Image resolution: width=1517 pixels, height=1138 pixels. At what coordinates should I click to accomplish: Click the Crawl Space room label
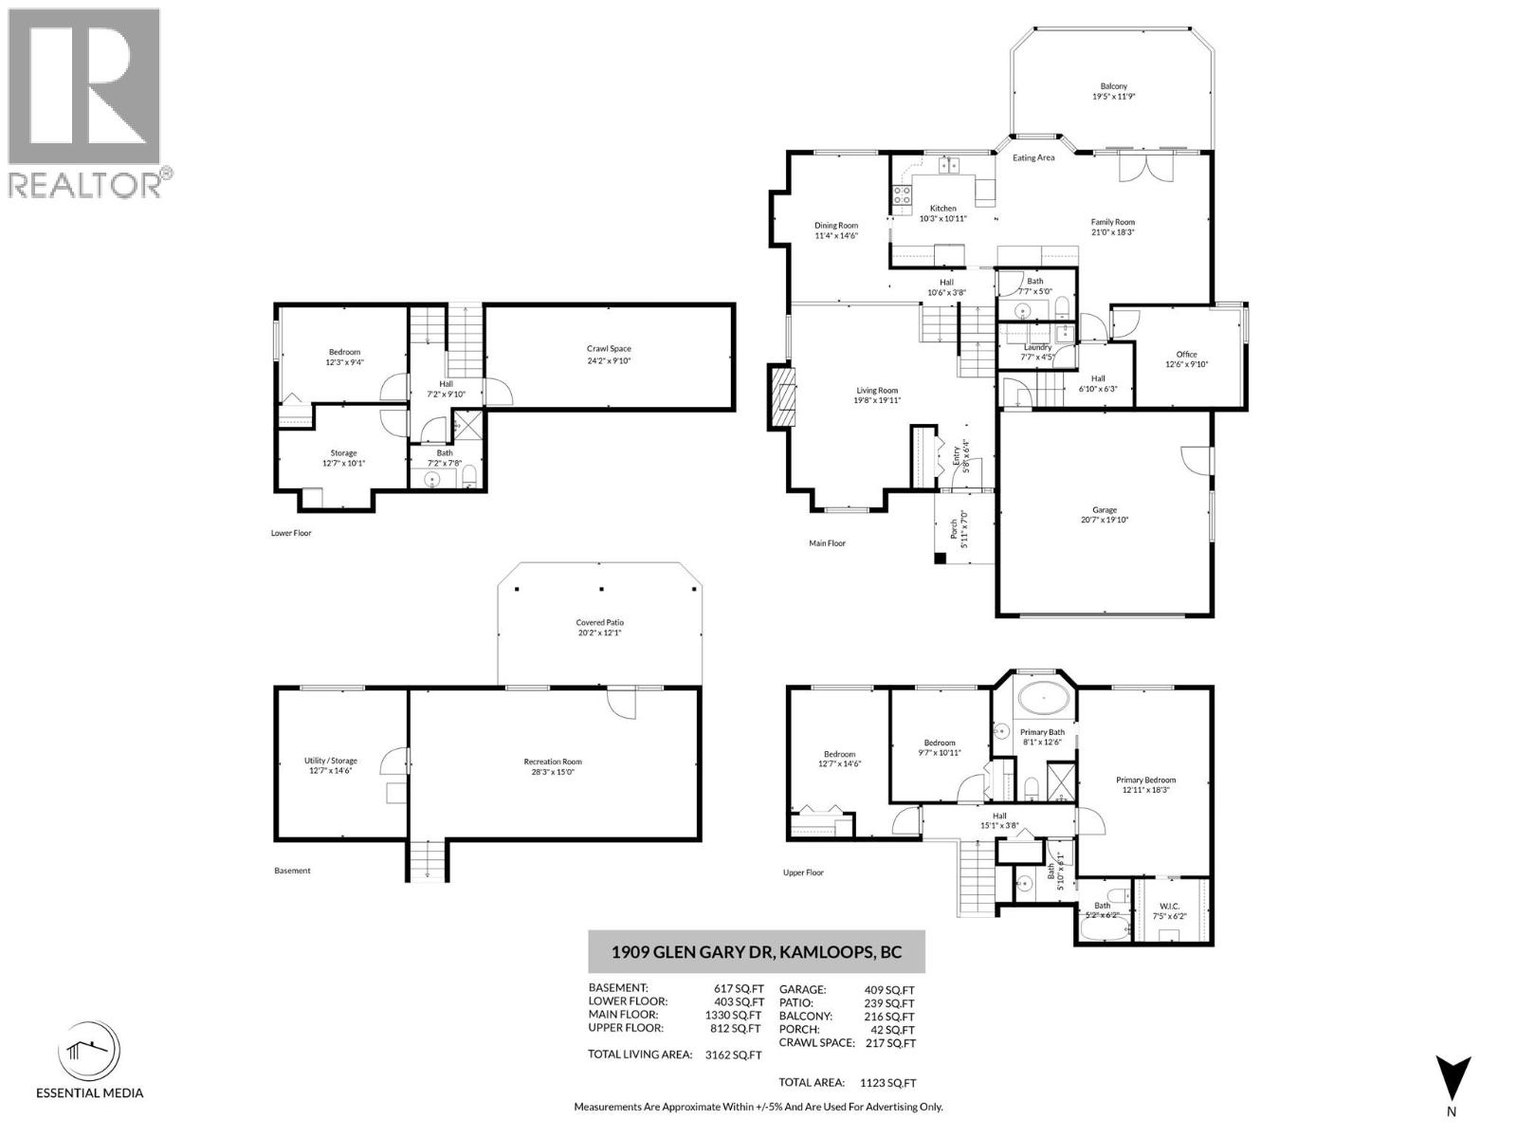pyautogui.click(x=609, y=349)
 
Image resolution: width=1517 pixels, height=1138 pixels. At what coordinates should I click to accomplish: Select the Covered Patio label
pyautogui.click(x=600, y=623)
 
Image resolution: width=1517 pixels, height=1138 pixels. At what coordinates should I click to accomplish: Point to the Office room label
pyautogui.click(x=1186, y=355)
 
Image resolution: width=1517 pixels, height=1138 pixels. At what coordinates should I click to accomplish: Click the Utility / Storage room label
pyautogui.click(x=330, y=761)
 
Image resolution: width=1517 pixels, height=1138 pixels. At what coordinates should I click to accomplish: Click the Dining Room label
pyautogui.click(x=836, y=226)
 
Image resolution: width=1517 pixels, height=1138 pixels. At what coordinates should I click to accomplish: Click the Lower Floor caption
pyautogui.click(x=291, y=533)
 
